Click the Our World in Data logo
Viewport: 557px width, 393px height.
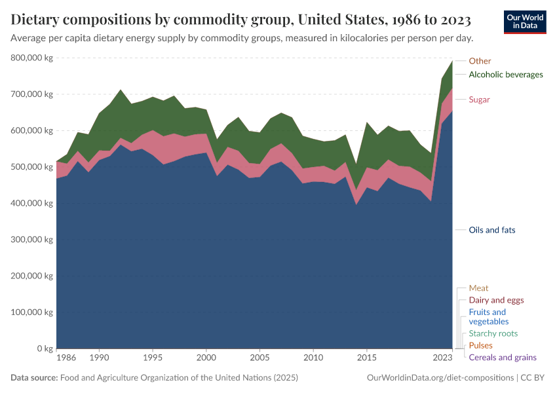tap(524, 22)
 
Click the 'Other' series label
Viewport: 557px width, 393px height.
tap(480, 61)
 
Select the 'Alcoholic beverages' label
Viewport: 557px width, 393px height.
tap(506, 75)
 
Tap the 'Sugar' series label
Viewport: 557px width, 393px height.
tap(479, 100)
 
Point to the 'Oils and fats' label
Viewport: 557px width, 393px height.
tap(492, 231)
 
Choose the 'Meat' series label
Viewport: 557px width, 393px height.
tap(478, 288)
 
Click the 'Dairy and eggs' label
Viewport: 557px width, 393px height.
tap(496, 300)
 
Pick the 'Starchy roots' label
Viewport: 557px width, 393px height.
tap(493, 333)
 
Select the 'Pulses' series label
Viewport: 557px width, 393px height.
tap(480, 345)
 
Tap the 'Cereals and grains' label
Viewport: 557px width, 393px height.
tap(502, 358)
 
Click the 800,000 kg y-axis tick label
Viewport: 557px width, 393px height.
tap(31, 58)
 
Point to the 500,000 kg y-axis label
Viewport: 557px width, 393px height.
tap(31, 167)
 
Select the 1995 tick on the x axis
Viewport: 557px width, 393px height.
tap(153, 358)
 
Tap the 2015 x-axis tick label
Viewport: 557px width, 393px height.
tap(366, 358)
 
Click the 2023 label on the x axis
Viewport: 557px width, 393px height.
tap(443, 358)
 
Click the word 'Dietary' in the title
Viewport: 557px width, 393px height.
tap(38, 18)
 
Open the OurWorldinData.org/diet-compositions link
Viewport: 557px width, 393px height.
tap(441, 378)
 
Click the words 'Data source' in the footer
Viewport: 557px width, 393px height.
tap(33, 378)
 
